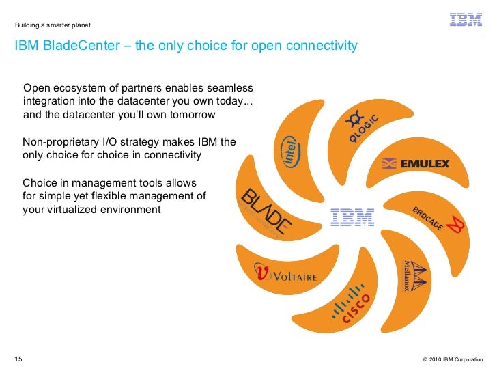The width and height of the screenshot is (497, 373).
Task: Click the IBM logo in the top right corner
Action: point(466,20)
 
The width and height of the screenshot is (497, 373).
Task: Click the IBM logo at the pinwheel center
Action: point(352,217)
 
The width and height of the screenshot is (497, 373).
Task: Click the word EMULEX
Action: point(425,164)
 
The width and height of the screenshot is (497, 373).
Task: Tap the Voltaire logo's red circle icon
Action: point(261,273)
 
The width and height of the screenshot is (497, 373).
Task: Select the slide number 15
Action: point(18,359)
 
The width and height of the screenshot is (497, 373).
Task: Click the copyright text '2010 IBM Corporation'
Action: point(456,359)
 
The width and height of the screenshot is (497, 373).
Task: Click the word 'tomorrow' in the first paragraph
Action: point(193,114)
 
